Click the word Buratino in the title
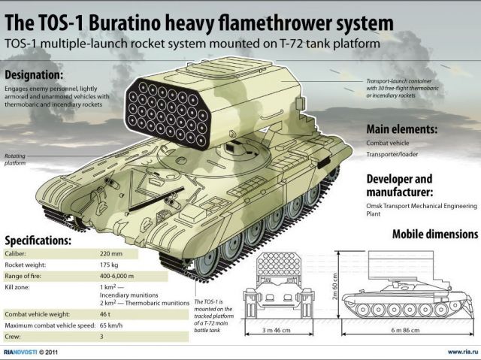click(125, 23)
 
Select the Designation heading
click(34, 75)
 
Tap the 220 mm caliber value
click(111, 254)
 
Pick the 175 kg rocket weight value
click(109, 265)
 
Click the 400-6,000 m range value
click(117, 276)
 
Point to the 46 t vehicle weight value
click(105, 314)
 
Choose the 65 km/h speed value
click(111, 325)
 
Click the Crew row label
click(13, 337)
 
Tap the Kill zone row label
click(17, 287)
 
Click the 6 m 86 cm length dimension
click(405, 330)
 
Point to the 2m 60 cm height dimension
click(334, 286)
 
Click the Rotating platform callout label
click(15, 159)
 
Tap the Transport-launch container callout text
click(403, 89)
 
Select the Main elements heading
click(402, 129)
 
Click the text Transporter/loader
click(392, 154)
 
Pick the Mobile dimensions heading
click(435, 234)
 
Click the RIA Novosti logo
click(20, 352)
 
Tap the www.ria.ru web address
click(463, 352)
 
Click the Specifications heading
click(38, 241)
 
